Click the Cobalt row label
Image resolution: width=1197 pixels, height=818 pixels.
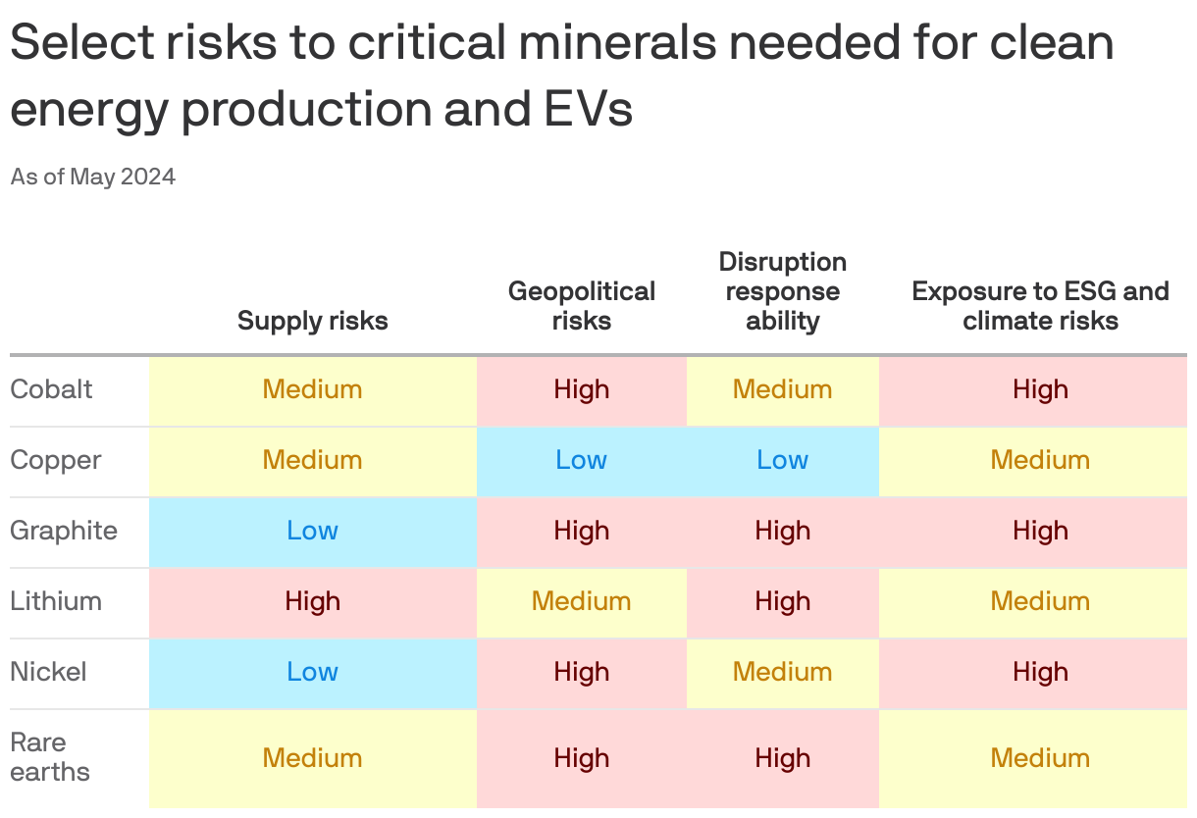point(51,389)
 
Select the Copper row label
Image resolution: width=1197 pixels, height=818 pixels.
point(55,460)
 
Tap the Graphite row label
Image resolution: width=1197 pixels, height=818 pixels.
point(64,531)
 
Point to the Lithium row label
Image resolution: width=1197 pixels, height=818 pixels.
point(56,601)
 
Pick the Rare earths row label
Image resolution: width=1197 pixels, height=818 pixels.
point(49,757)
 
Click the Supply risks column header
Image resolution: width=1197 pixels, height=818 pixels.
point(312,321)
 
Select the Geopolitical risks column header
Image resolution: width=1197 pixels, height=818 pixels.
point(581,306)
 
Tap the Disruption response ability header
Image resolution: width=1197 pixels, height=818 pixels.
point(782,291)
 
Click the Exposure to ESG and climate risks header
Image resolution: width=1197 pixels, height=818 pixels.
point(1040,306)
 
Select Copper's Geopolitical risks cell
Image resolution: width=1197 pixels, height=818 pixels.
point(581,460)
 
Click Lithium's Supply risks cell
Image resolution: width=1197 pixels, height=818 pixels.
point(312,601)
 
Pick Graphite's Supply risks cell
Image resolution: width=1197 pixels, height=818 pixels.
point(312,531)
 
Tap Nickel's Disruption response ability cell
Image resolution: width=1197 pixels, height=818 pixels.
point(782,672)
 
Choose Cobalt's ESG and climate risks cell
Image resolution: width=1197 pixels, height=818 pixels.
point(1040,389)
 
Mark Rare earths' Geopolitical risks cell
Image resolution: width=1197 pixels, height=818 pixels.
point(581,757)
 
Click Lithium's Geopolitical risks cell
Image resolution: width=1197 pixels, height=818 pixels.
point(581,601)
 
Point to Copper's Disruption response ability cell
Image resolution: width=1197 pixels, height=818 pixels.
point(782,460)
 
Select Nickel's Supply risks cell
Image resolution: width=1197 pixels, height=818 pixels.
point(312,672)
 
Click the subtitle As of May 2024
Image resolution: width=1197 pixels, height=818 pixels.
point(93,178)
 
